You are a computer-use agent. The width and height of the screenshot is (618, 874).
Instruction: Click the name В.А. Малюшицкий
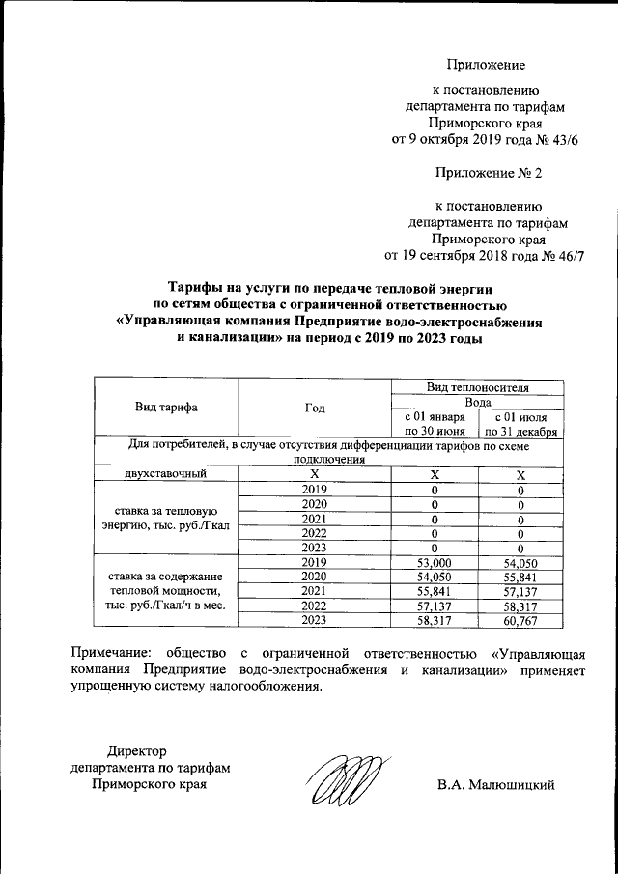[495, 784]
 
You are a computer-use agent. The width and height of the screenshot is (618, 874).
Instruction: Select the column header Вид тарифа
[166, 407]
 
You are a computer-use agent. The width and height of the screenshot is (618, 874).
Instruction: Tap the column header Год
[314, 407]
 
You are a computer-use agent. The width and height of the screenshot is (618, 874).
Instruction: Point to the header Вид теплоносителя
[478, 385]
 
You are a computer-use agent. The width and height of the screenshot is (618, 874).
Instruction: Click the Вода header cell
[478, 401]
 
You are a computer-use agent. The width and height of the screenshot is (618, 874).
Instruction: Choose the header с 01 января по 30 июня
[435, 423]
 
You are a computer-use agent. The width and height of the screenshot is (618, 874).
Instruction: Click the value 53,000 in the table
[435, 562]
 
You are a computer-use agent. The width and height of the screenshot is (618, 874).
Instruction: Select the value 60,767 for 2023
[520, 620]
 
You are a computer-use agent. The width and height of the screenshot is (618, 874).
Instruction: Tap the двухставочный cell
[165, 474]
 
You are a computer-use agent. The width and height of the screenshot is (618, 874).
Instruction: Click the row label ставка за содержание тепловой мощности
[165, 591]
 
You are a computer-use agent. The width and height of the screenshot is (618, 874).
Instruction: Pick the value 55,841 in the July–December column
[520, 577]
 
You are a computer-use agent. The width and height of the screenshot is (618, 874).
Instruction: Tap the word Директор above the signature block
[137, 750]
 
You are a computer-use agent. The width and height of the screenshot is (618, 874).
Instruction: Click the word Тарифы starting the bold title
[193, 288]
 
